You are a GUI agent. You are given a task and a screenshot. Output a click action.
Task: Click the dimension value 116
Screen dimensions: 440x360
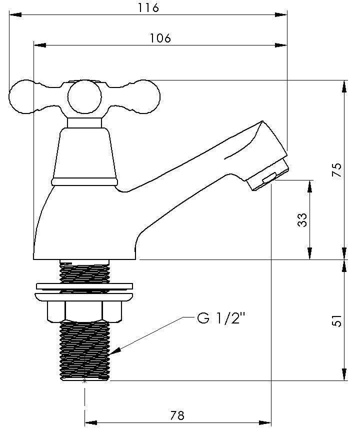(148, 7)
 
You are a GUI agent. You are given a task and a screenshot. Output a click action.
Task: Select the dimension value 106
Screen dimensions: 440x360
(160, 38)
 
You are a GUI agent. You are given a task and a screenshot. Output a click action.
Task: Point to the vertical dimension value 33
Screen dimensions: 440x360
(302, 220)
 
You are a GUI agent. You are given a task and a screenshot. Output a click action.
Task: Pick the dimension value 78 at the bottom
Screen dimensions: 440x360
(177, 415)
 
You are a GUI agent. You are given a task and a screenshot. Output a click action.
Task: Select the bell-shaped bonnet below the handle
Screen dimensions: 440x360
(84, 152)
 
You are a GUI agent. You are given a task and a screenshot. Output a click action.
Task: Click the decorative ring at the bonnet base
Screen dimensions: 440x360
(84, 181)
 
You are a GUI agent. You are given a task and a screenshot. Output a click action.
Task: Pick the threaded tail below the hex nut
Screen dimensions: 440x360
(84, 350)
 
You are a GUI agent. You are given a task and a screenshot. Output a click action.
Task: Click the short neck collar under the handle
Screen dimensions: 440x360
(84, 123)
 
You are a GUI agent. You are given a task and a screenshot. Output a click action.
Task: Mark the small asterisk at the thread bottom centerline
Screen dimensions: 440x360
(84, 381)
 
